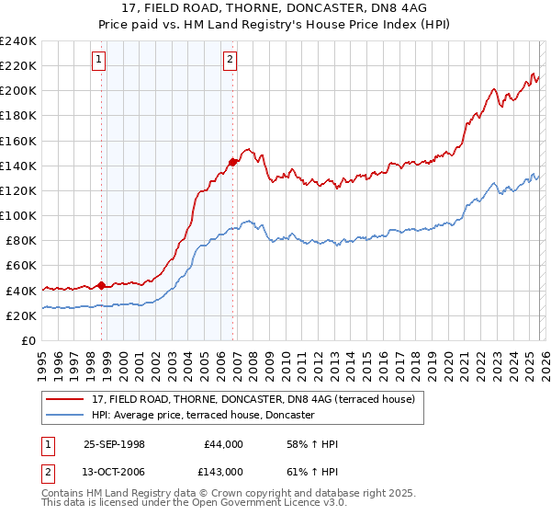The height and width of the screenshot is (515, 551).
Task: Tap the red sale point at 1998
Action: (102, 285)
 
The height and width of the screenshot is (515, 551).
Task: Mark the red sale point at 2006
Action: (232, 162)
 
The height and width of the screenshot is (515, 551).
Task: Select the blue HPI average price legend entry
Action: (203, 416)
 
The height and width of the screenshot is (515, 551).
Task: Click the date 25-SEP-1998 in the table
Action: (115, 444)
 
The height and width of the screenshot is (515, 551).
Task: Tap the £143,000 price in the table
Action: (224, 472)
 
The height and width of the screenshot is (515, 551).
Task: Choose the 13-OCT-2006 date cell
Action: (115, 472)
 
